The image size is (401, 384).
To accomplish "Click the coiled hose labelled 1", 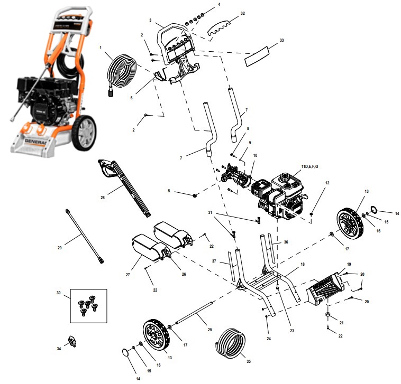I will [x=123, y=75].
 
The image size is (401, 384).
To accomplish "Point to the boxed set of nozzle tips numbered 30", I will [x=88, y=307].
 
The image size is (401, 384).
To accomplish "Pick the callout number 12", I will [x=327, y=183].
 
